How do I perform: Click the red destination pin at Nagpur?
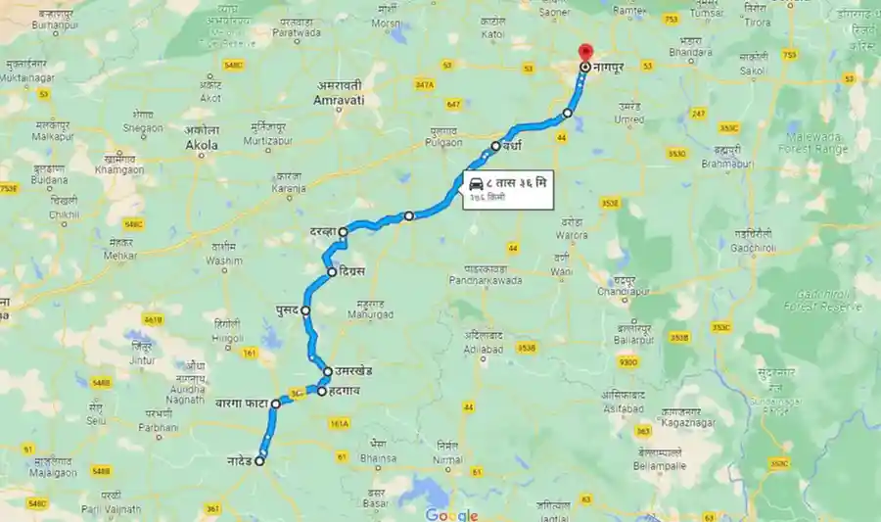pos(585,52)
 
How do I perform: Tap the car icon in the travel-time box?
pos(475,183)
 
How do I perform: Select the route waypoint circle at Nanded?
pos(260,462)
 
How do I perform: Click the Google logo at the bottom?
pos(451,515)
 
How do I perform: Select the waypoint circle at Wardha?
pos(495,147)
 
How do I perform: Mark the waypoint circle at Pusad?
pos(305,310)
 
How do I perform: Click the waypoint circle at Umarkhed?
pos(329,372)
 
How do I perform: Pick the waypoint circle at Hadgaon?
pos(321,393)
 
